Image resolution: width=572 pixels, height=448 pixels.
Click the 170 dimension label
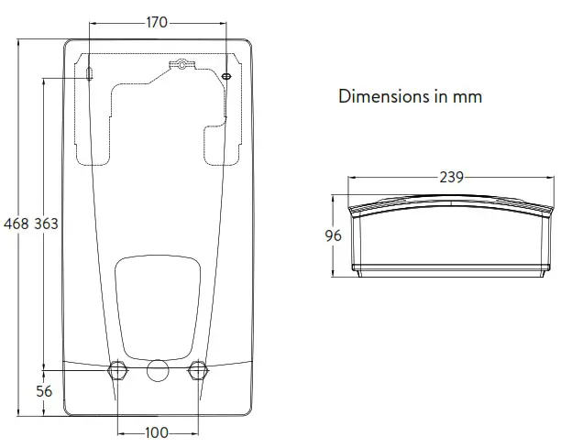point(157,22)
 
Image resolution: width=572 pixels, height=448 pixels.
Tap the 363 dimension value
point(47,224)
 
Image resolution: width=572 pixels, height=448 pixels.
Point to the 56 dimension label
point(44,391)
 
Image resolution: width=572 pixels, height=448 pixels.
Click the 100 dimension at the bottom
point(157,432)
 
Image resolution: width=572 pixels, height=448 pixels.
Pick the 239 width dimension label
point(450,177)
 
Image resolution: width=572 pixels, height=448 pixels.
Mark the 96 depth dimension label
point(333,235)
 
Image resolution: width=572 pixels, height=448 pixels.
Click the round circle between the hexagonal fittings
point(157,370)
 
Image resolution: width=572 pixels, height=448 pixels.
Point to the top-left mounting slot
point(90,72)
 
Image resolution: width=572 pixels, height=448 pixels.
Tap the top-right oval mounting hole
point(226,72)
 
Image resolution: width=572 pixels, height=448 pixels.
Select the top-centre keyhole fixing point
point(182,65)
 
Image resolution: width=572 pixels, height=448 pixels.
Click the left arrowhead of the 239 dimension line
point(349,177)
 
